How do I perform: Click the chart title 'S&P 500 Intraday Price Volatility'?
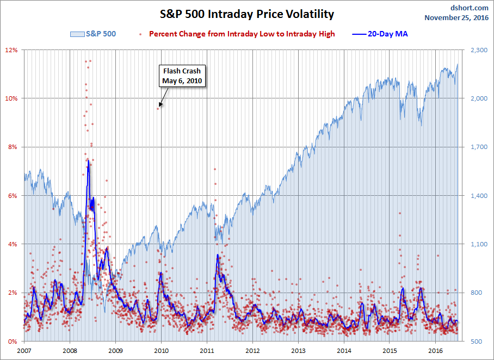247,14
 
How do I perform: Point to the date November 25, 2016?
456,17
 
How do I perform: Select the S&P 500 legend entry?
93,34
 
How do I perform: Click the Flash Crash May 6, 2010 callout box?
182,76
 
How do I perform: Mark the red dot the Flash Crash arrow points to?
158,108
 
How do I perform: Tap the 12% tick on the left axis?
11,50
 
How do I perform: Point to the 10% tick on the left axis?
11,98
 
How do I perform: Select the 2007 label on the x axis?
24,351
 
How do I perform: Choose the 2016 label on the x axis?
435,351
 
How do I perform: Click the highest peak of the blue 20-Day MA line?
88,160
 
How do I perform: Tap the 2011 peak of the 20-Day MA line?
218,255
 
